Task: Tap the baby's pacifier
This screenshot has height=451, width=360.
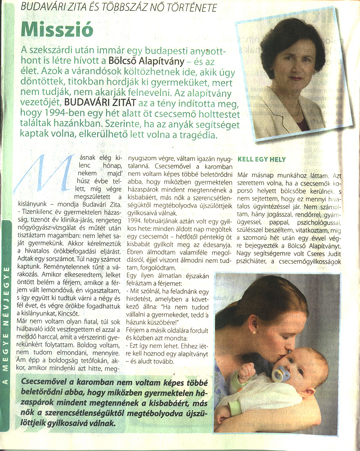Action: coord(280,373)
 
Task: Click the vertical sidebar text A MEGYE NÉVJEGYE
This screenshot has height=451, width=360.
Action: coord(7,324)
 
